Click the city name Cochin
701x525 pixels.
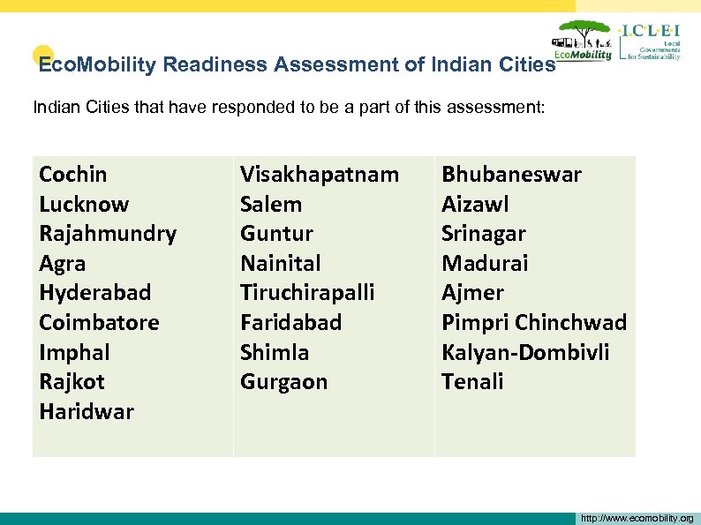click(x=73, y=175)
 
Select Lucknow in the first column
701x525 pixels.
click(x=84, y=205)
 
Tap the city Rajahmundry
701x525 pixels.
click(x=108, y=234)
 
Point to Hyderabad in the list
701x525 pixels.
click(x=95, y=293)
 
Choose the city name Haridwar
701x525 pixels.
click(x=87, y=411)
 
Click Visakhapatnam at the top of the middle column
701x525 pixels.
click(x=320, y=175)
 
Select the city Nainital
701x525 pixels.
click(x=281, y=263)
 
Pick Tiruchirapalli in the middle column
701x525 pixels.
click(x=307, y=293)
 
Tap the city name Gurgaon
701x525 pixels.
click(x=283, y=382)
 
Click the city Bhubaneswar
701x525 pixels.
click(x=511, y=175)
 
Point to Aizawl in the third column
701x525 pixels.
click(x=475, y=205)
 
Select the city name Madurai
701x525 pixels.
click(x=485, y=263)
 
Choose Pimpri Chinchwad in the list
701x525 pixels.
click(x=534, y=323)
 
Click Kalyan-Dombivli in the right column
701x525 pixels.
click(x=525, y=352)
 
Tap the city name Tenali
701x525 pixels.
click(x=472, y=382)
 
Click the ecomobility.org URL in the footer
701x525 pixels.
click(x=637, y=518)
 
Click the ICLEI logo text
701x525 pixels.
click(x=652, y=31)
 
